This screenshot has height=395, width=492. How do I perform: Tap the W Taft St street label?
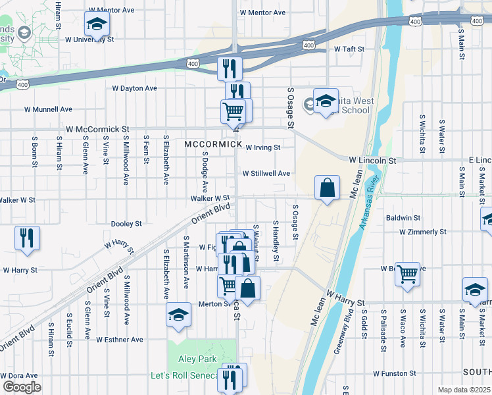349,49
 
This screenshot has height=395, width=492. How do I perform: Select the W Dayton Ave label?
134,88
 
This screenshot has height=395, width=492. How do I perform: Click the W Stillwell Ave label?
266,174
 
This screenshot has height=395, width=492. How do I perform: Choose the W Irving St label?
263,147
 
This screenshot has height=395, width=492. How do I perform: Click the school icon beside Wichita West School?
326,101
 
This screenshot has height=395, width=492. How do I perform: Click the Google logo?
21,387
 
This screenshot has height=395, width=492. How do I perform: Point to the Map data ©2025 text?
464,390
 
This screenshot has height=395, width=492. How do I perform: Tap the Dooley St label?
126,224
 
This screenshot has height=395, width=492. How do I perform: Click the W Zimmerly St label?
423,232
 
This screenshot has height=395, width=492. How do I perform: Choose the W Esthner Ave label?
119,340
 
